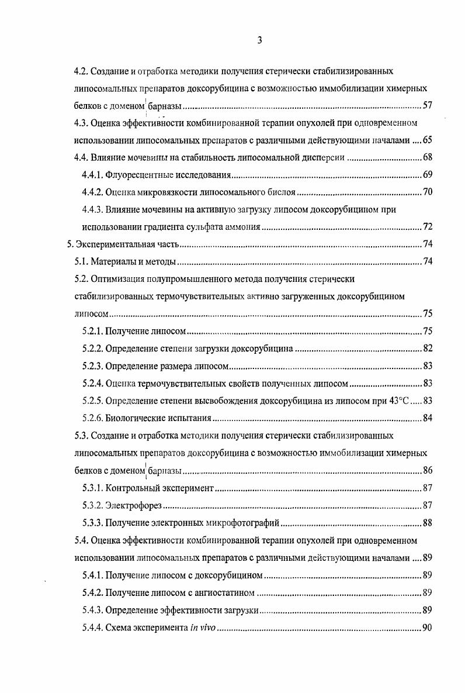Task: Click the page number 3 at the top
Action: [x=259, y=40]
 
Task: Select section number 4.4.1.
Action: [x=92, y=175]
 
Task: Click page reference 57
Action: [x=426, y=106]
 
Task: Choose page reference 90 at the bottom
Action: [x=426, y=628]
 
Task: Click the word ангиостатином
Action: [x=225, y=593]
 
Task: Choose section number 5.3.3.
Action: [x=92, y=522]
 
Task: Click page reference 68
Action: [x=426, y=157]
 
